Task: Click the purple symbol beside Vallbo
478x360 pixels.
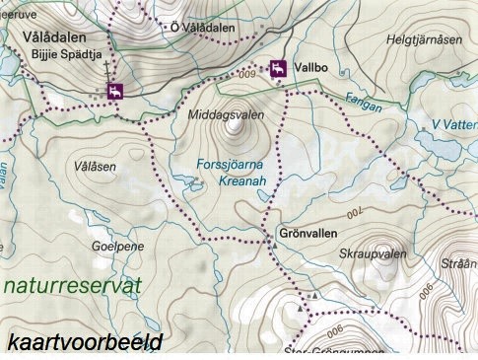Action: (x=279, y=69)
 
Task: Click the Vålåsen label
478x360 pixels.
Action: (x=95, y=167)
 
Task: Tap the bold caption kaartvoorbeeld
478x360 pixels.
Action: (x=84, y=342)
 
